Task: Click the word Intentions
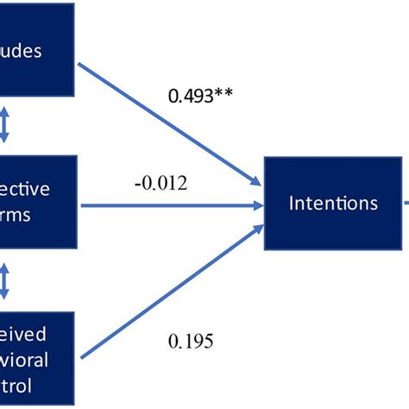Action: point(333,204)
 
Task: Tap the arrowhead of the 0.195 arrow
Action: point(256,228)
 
